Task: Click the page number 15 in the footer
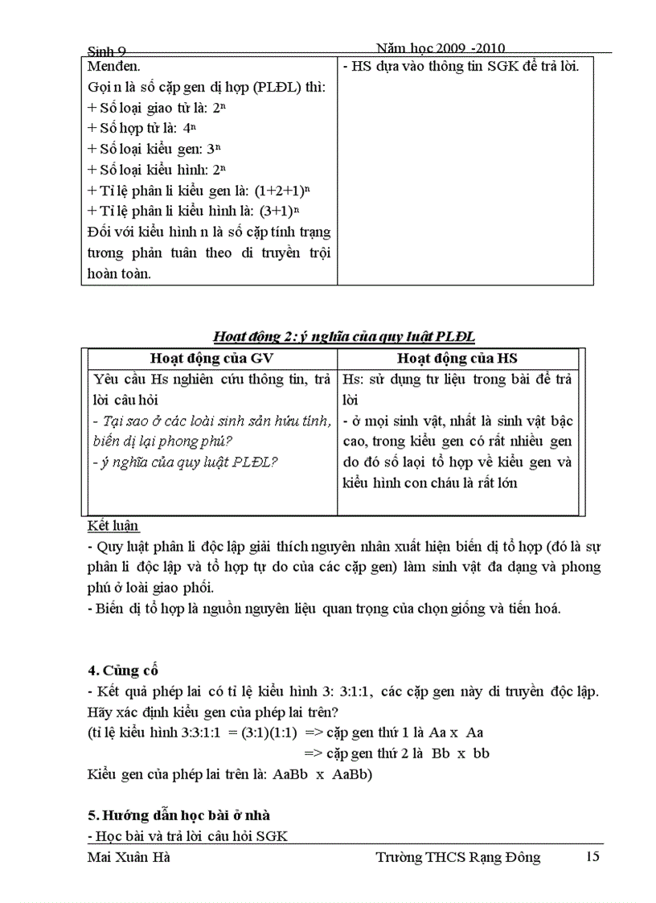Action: tap(592, 856)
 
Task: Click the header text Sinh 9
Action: tap(108, 52)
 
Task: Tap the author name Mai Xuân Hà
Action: tap(128, 857)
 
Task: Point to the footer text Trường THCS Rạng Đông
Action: tap(458, 857)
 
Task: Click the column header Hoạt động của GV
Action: tap(212, 359)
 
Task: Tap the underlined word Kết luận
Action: tap(113, 526)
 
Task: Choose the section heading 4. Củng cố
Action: tap(122, 670)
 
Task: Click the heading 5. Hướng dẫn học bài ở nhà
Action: tap(172, 815)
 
